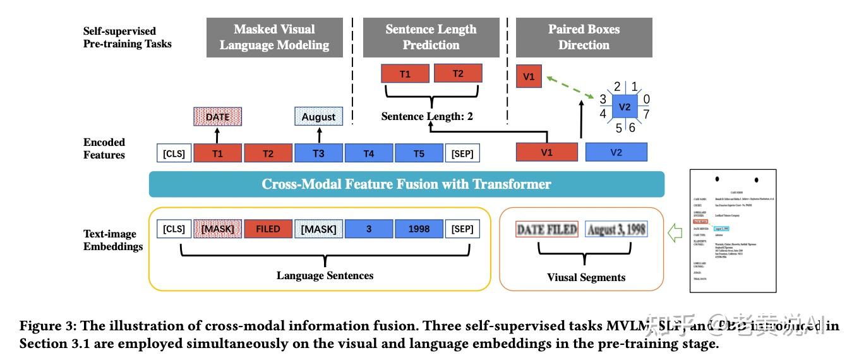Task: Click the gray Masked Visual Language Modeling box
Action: click(x=274, y=37)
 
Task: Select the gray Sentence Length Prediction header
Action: click(x=431, y=37)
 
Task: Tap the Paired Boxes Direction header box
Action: click(x=584, y=37)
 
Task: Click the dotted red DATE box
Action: click(x=217, y=117)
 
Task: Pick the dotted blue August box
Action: click(x=318, y=117)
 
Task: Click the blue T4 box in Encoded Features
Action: click(x=369, y=153)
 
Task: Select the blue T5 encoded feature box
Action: click(x=419, y=153)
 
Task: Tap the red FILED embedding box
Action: click(x=268, y=229)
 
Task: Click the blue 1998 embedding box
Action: click(x=419, y=229)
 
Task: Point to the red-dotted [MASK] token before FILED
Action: click(x=217, y=229)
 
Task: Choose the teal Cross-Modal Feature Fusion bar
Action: click(x=406, y=184)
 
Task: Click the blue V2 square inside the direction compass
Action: click(x=624, y=107)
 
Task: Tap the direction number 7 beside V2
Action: click(x=646, y=114)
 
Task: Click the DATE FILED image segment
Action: click(x=547, y=230)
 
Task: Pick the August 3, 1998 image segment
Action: click(x=616, y=230)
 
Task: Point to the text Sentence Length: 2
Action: click(x=427, y=117)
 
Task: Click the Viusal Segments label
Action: click(x=586, y=277)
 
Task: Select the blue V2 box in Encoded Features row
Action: click(x=616, y=152)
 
